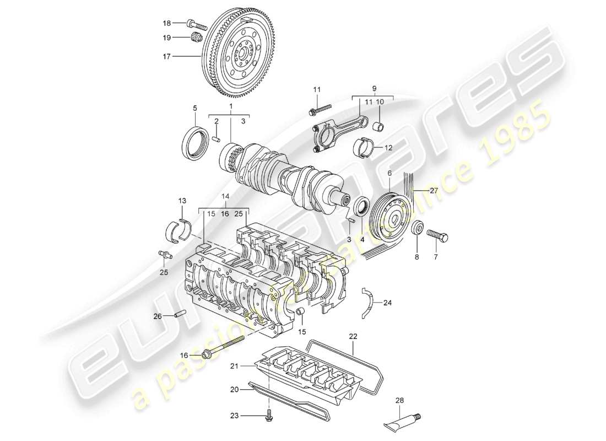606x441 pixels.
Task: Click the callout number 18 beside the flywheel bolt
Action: click(x=167, y=23)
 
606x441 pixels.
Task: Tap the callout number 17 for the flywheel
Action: click(x=167, y=56)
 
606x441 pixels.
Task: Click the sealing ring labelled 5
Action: click(x=195, y=143)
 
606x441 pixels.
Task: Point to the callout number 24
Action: click(x=387, y=302)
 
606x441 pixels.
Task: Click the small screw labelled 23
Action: click(x=269, y=416)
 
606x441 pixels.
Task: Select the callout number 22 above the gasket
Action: click(x=353, y=336)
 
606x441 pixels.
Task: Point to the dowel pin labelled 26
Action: click(x=179, y=315)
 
